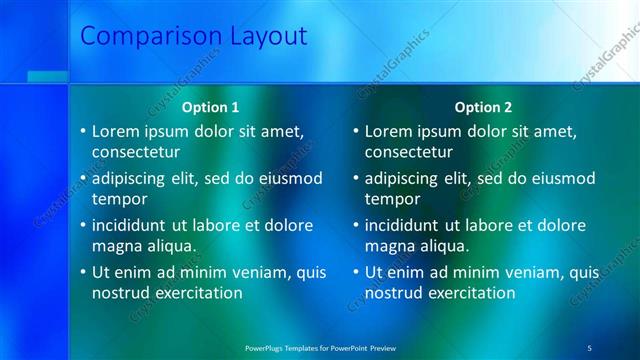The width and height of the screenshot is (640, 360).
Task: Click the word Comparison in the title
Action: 151,37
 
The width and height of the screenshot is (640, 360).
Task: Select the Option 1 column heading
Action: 210,107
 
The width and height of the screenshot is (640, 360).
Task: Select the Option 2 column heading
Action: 483,107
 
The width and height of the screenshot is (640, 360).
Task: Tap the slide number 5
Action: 589,347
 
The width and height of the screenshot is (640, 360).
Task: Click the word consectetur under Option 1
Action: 136,152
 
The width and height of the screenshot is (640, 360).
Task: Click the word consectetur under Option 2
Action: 409,152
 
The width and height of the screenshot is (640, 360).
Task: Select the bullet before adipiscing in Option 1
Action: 83,179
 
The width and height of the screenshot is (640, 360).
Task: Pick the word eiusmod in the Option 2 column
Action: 562,179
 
